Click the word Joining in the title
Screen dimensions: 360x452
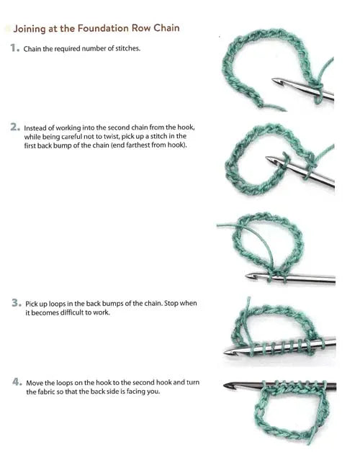click(x=30, y=29)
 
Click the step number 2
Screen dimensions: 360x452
click(x=15, y=127)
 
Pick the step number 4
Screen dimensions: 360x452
click(x=17, y=382)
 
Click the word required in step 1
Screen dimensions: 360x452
click(x=68, y=49)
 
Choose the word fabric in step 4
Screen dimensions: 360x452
click(x=45, y=392)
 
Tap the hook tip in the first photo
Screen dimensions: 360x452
click(x=273, y=80)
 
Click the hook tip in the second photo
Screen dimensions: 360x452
click(x=267, y=158)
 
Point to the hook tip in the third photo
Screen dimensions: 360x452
click(x=247, y=276)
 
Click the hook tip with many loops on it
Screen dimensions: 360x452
click(x=225, y=352)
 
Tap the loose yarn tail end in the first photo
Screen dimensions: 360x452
click(x=286, y=110)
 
